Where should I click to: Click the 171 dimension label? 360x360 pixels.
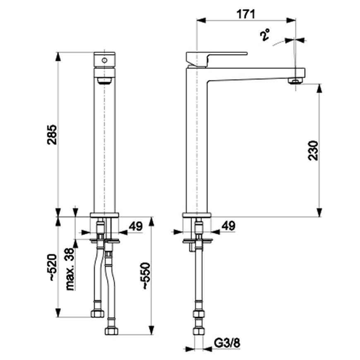(246, 14)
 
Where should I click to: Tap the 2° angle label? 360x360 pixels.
(265, 35)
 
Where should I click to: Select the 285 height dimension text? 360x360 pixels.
(52, 134)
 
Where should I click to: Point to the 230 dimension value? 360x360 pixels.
(313, 151)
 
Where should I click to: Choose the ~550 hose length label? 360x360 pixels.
(146, 276)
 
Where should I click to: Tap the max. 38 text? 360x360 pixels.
(70, 269)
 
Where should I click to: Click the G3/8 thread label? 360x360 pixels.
(227, 343)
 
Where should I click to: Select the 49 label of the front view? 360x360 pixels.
(136, 226)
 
